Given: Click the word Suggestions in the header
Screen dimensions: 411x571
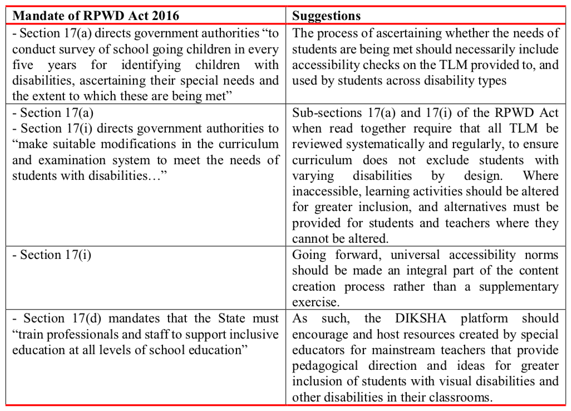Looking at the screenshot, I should coord(326,16).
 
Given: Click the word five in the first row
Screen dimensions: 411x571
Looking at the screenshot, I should coord(23,65).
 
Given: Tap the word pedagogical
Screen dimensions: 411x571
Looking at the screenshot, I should coord(327,366).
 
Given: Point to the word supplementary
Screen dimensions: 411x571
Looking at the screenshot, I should coord(521,287).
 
